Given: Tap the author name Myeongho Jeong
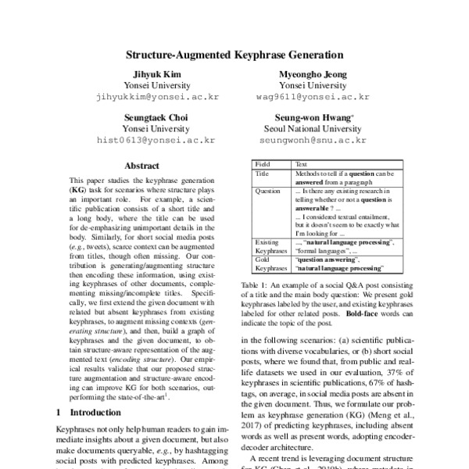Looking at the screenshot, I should [312, 73].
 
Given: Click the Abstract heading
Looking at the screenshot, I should [142, 166].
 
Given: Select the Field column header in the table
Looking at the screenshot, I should [263, 164].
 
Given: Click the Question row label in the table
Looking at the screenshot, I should [268, 190].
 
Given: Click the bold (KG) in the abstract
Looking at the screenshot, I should [78, 190].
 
